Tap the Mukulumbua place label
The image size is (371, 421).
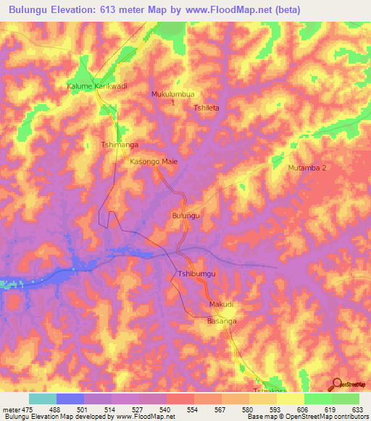[173, 94]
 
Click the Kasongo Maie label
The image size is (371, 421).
[154, 162]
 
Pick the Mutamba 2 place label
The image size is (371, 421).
[308, 168]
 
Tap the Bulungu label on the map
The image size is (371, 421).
[185, 216]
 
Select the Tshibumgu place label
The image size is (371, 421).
[193, 274]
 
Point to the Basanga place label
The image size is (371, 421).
[222, 320]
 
